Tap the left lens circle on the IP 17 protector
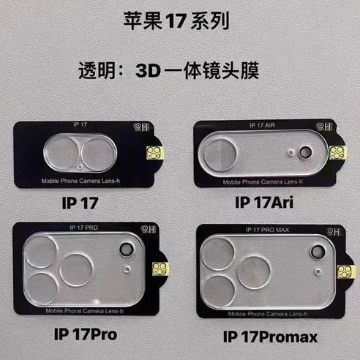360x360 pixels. [x=63, y=154]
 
